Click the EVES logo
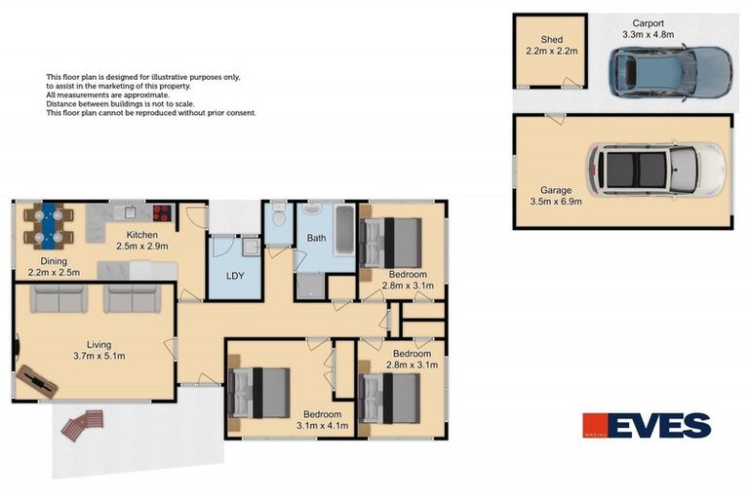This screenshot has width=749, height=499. click(647, 426)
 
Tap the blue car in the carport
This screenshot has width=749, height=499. click(670, 70)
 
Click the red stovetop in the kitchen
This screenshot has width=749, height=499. click(161, 214)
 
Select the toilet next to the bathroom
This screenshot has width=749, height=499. click(278, 216)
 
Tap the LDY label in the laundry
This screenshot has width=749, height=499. click(234, 275)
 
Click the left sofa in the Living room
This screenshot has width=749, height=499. click(59, 298)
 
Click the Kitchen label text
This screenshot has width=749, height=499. click(141, 235)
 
